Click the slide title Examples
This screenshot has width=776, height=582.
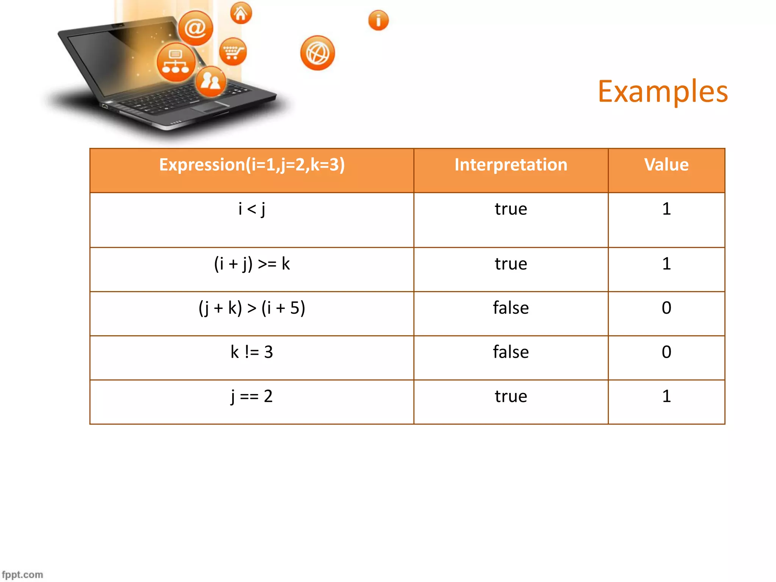point(663,92)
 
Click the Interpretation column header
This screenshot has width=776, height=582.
point(511,165)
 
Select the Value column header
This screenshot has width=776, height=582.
point(666,165)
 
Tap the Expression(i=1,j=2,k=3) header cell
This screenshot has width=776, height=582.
point(252,165)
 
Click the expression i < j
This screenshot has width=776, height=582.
point(252,209)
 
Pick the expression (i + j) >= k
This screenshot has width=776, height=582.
point(252,264)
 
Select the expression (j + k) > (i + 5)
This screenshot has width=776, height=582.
point(252,308)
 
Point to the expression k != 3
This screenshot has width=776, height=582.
point(252,352)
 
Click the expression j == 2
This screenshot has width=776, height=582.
point(252,396)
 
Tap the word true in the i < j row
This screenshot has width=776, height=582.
point(511,209)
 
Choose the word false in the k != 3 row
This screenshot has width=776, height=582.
point(511,352)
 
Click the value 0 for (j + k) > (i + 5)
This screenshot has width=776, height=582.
point(666,308)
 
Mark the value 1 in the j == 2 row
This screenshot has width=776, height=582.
point(666,396)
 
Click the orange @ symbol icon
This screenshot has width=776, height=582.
point(196,28)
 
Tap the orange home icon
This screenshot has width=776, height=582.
point(241,13)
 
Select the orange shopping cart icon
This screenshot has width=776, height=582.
point(233,52)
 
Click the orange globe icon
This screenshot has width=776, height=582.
point(318,53)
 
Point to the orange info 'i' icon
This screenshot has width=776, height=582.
point(378,20)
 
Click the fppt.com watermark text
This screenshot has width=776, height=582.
point(22,574)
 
